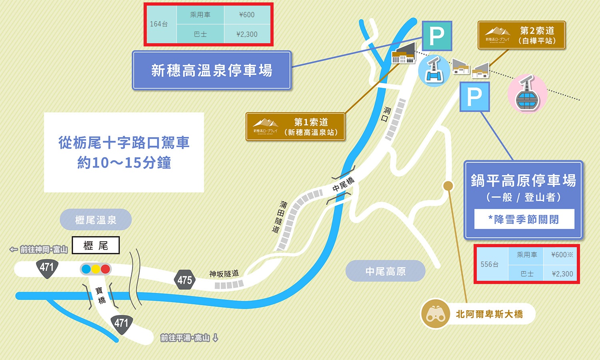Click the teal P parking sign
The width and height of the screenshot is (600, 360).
[x=437, y=36]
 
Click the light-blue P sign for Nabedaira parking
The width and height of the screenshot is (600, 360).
[x=474, y=97]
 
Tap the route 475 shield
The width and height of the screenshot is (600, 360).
[x=184, y=280]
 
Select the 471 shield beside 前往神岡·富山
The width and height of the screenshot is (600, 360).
[x=47, y=267]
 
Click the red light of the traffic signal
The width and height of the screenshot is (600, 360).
[x=105, y=269]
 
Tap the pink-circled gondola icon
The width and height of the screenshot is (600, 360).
[x=527, y=94]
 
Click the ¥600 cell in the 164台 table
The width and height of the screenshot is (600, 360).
[x=247, y=15]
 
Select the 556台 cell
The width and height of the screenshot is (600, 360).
[x=490, y=264]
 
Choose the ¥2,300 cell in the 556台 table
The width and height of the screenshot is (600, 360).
[x=562, y=274]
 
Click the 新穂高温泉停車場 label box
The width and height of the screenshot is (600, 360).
[x=212, y=70]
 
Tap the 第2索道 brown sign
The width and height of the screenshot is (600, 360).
[x=521, y=36]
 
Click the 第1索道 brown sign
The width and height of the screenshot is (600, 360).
[x=295, y=127]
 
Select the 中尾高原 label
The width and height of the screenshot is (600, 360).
[x=385, y=271]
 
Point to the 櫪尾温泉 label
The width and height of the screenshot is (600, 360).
[x=96, y=220]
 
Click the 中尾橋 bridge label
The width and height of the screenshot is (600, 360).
[x=343, y=184]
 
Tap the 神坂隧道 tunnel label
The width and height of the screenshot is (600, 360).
[x=224, y=274]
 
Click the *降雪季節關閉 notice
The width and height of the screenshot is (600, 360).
[x=524, y=219]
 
